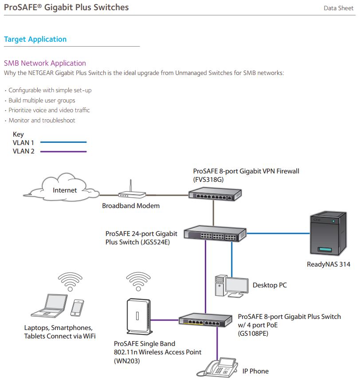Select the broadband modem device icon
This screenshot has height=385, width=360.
[132, 194]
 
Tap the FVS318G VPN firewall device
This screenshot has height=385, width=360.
[215, 193]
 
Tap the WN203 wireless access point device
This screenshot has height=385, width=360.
[137, 316]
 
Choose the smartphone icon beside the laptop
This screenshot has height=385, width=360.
[77, 307]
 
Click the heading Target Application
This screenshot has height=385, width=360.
[35, 39]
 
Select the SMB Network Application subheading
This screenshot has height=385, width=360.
[45, 63]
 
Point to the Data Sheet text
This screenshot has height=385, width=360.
[338, 8]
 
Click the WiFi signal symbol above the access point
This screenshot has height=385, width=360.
[138, 279]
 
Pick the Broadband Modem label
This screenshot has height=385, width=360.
[131, 206]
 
